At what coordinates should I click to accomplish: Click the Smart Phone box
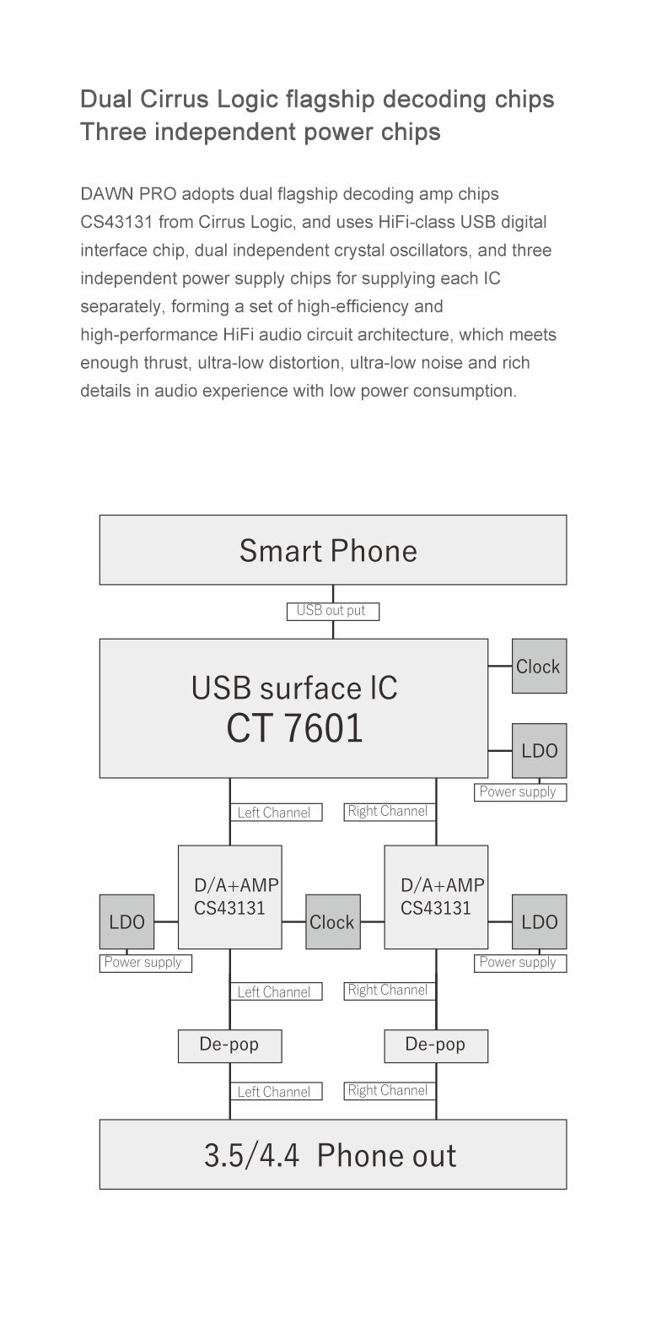point(333,549)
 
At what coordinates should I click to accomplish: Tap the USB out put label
point(333,612)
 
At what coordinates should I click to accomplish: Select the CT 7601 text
point(294,728)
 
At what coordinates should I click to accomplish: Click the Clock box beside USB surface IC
point(540,666)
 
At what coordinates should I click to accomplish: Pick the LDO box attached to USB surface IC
point(540,751)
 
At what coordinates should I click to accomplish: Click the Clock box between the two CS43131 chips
point(333,922)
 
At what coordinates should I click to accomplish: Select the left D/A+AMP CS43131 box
point(230,897)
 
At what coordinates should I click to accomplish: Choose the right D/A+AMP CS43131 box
point(437,897)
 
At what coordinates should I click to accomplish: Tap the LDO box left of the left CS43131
point(127,922)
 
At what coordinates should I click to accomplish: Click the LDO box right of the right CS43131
point(540,922)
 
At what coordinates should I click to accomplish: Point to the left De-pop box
point(230,1046)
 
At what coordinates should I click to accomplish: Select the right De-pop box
point(437,1046)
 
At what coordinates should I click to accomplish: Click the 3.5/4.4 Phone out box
point(333,1154)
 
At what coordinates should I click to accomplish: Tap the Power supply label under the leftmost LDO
point(146,964)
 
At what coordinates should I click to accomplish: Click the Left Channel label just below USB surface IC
point(276,813)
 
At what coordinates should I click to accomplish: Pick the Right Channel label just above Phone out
point(390,1090)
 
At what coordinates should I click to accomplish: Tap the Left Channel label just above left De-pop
point(276,991)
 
